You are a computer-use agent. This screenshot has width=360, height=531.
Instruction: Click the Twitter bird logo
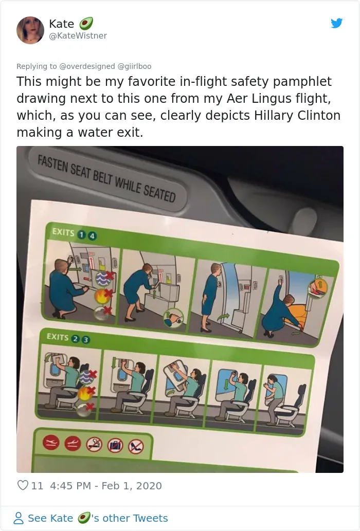(x=337, y=23)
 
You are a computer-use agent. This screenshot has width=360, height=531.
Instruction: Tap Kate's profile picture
(x=30, y=30)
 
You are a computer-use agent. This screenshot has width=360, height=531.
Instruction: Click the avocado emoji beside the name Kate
(x=86, y=24)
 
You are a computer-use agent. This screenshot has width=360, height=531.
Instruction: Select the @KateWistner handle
(x=78, y=35)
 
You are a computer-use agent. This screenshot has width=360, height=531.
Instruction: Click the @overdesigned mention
(x=87, y=66)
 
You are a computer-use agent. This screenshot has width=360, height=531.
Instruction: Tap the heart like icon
(x=23, y=485)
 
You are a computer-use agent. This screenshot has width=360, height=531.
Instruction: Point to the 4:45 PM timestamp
(x=70, y=486)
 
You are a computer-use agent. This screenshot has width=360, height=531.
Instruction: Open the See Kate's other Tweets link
(x=91, y=518)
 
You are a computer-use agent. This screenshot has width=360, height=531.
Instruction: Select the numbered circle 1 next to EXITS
(x=81, y=234)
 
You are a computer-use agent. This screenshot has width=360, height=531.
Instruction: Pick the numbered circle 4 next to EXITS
(x=92, y=236)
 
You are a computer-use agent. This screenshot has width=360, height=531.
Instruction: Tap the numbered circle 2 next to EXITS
(x=76, y=339)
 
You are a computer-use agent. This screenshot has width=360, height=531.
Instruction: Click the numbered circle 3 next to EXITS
(x=86, y=339)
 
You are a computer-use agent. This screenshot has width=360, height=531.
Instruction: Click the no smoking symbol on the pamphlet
(x=95, y=444)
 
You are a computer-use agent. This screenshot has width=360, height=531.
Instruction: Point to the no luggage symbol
(x=115, y=446)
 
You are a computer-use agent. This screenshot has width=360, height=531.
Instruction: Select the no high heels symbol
(x=136, y=447)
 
